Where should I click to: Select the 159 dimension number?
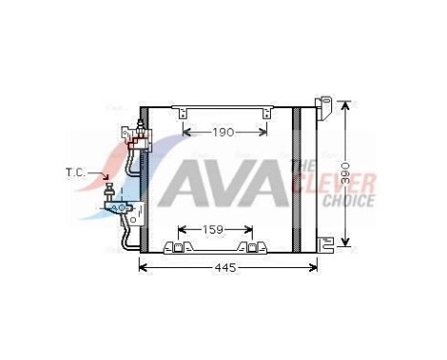click(213, 230)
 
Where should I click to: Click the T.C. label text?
click(76, 172)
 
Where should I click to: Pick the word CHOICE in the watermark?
click(348, 201)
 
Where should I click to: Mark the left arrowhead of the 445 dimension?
click(144, 267)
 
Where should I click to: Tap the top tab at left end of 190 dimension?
click(179, 114)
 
